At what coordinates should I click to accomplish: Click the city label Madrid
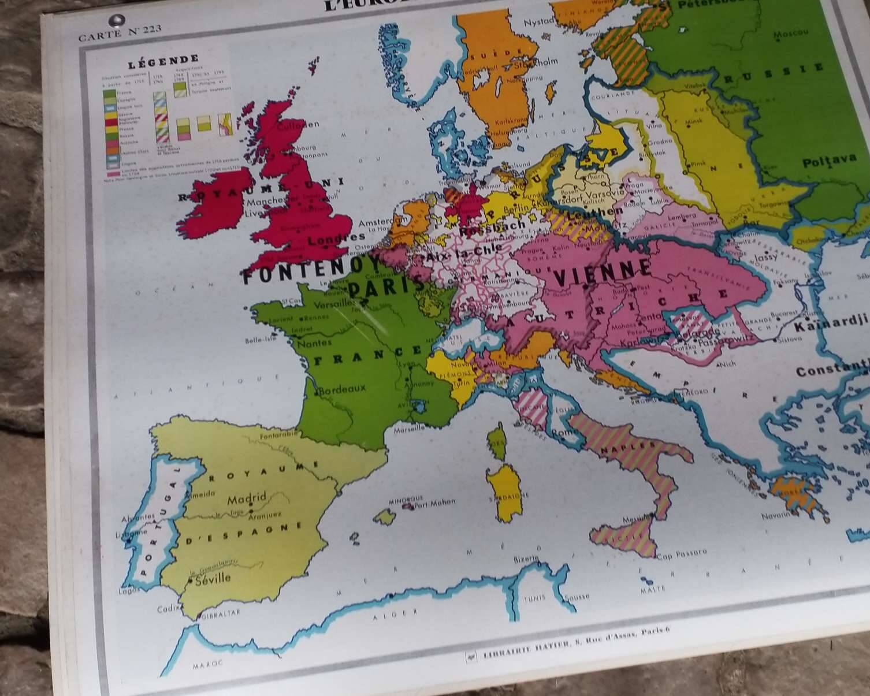pos(247,498)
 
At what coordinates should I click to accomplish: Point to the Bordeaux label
pos(342,389)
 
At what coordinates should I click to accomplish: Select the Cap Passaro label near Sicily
pos(682,553)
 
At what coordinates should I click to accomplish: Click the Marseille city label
pos(409,429)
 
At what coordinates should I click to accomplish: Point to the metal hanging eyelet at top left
pos(120,20)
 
